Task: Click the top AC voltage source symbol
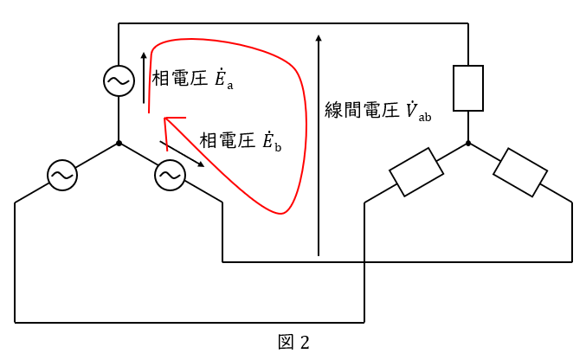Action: point(119,81)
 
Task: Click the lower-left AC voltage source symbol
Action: point(61,176)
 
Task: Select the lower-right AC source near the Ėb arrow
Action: point(169,176)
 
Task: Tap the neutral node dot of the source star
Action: point(119,143)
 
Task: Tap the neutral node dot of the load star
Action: point(468,143)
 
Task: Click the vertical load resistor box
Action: point(468,88)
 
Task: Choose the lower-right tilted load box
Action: point(519,172)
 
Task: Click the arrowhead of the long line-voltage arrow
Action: point(319,39)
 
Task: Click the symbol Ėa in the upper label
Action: point(223,80)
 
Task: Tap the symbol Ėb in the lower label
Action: point(271,141)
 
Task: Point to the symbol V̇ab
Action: point(417,112)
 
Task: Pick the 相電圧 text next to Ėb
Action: point(228,141)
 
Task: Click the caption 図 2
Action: point(293,342)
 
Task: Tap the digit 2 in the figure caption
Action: point(304,342)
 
